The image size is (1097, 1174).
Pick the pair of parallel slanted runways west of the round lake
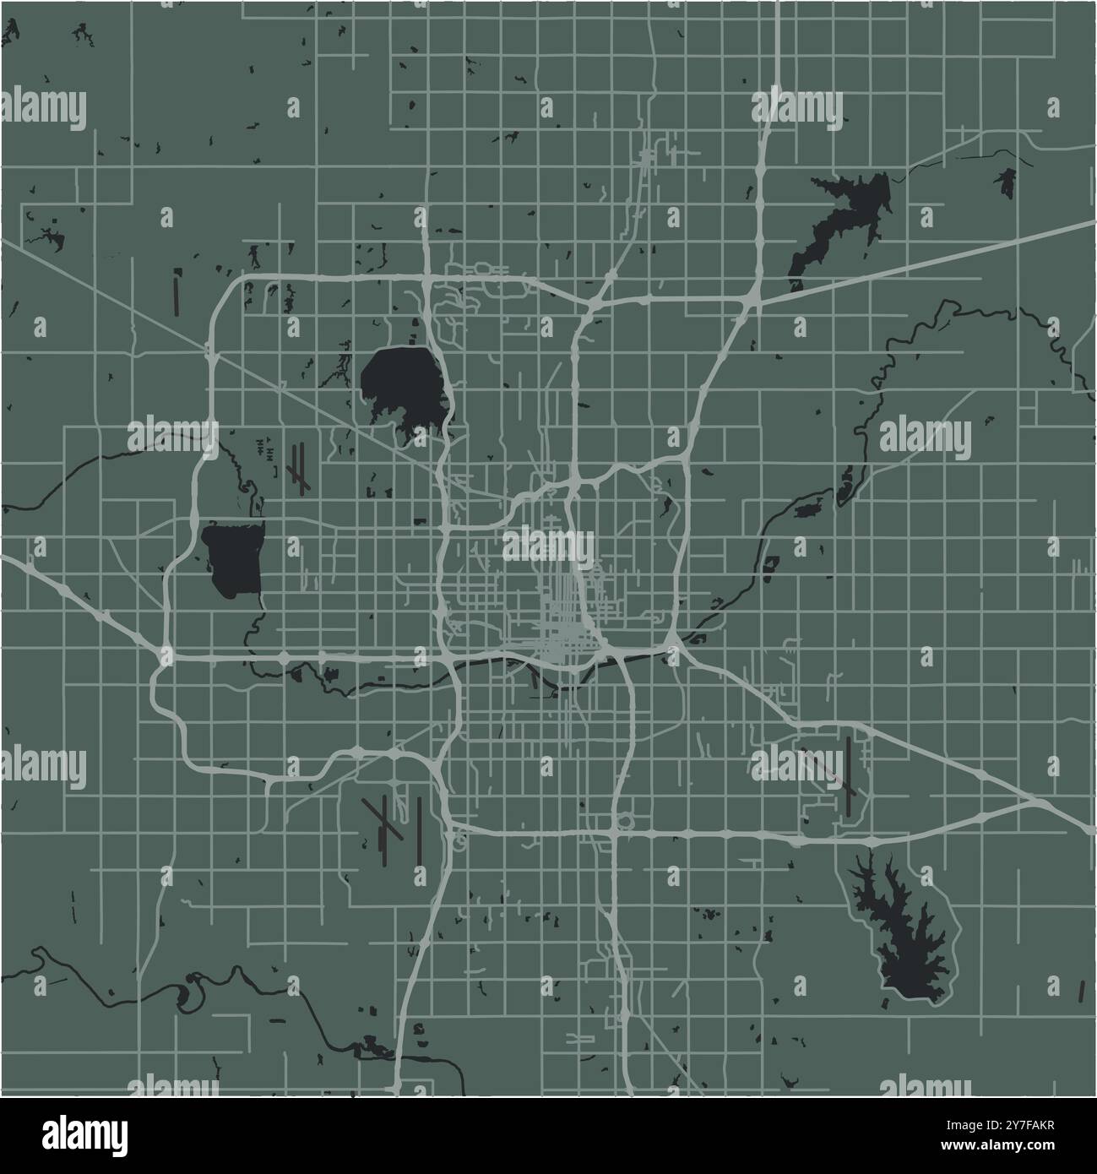pyautogui.click(x=297, y=467)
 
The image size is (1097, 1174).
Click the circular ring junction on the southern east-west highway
pyautogui.click(x=625, y=821)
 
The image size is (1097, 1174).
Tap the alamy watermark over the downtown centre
pyautogui.click(x=549, y=545)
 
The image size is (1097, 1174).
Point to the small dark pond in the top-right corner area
pyautogui.click(x=1005, y=182)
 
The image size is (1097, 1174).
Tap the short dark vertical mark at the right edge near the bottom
pyautogui.click(x=1082, y=989)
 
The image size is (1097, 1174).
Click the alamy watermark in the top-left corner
pyautogui.click(x=44, y=108)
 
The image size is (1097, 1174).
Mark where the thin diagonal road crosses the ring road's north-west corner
pyautogui.click(x=210, y=351)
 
